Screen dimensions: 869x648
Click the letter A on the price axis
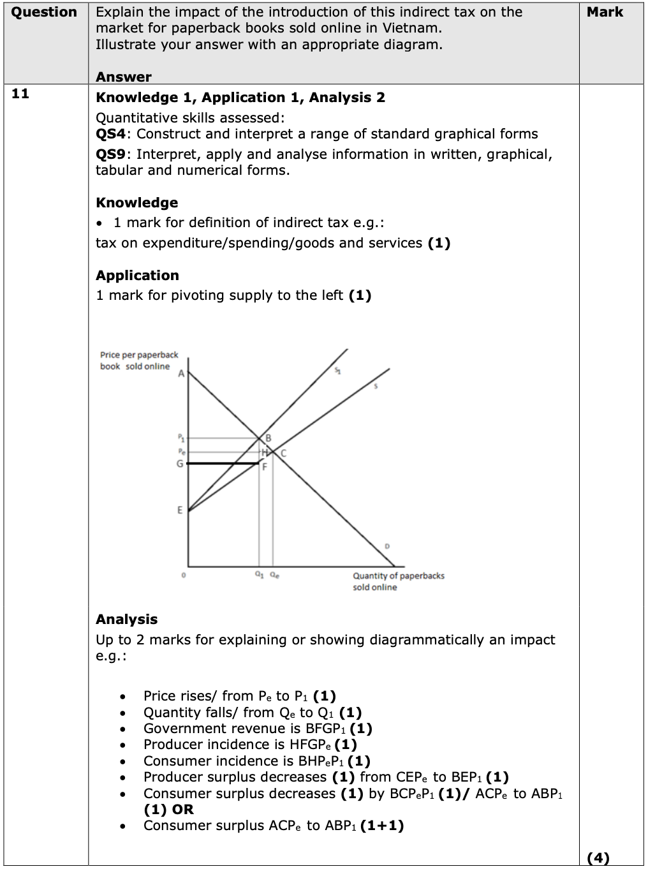tap(181, 374)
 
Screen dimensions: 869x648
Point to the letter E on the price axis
tap(180, 510)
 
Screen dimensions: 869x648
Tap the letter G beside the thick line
tap(180, 464)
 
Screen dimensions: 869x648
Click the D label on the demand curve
tap(387, 547)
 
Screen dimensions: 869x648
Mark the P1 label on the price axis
tap(180, 438)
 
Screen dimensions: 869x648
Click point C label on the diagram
tap(283, 453)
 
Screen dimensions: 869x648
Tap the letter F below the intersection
tap(265, 467)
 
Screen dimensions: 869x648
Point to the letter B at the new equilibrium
tap(269, 438)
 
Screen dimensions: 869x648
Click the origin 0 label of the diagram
tap(183, 576)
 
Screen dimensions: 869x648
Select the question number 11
tap(20, 94)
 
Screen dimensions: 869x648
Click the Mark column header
tap(605, 12)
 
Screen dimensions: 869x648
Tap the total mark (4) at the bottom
tap(598, 858)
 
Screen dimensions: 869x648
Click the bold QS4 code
tap(112, 134)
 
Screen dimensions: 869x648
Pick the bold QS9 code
tap(112, 154)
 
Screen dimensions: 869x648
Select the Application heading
tap(137, 276)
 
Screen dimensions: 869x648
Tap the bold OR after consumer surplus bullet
tap(183, 810)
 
